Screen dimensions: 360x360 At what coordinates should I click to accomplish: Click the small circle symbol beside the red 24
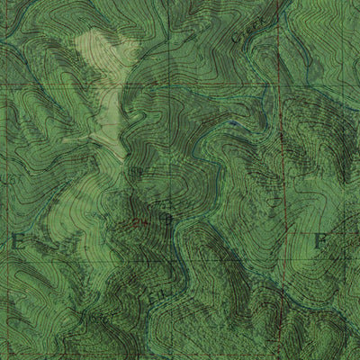[x=164, y=217]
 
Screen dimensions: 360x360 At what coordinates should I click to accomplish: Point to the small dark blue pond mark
[x=233, y=122]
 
